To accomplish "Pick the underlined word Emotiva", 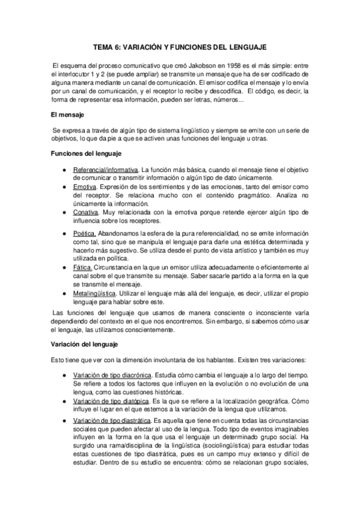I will [x=86, y=187].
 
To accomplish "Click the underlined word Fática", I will [x=83, y=266].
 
